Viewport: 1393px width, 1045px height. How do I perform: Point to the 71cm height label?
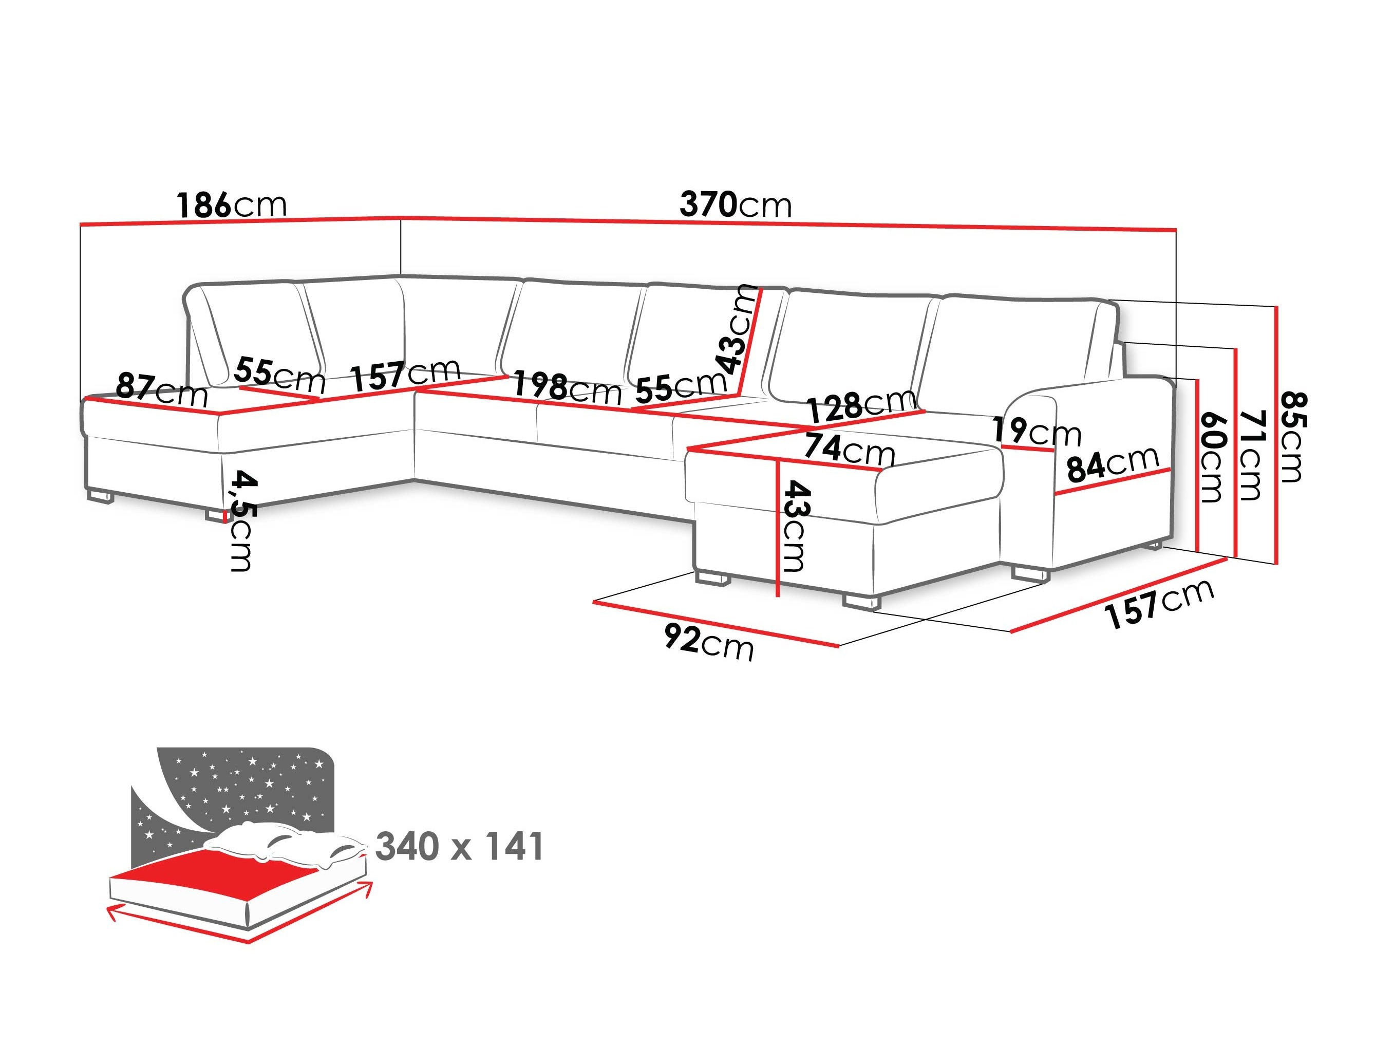(x=1251, y=455)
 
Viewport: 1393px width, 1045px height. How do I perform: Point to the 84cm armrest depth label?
(x=1112, y=463)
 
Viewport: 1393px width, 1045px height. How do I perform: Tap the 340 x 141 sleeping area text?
(x=459, y=846)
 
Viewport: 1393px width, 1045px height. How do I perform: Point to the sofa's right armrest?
(x=1108, y=466)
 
